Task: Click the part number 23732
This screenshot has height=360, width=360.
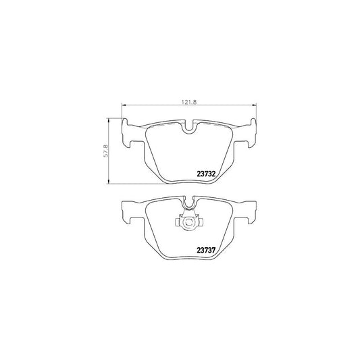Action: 206,173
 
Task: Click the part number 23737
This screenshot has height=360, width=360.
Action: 206,248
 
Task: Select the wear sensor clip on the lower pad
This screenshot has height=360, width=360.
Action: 188,222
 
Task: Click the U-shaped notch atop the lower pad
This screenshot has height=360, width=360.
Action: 188,201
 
